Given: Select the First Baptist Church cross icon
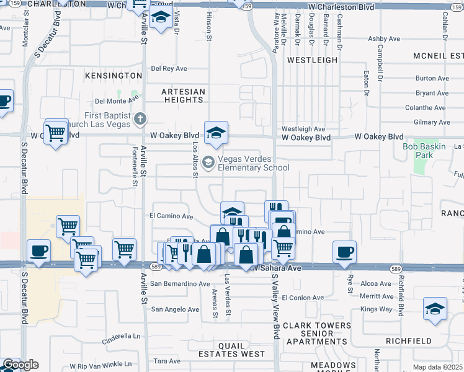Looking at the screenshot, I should pyautogui.click(x=141, y=118).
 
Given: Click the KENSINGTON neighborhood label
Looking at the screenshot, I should pyautogui.click(x=114, y=76).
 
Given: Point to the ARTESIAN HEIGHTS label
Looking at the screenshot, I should pyautogui.click(x=183, y=95).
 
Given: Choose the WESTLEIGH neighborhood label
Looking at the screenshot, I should pyautogui.click(x=313, y=60).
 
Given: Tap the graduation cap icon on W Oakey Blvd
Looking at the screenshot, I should pyautogui.click(x=216, y=133).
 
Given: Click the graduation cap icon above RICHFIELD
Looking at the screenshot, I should pyautogui.click(x=435, y=308).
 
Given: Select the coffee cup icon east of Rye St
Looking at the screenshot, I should pyautogui.click(x=344, y=252).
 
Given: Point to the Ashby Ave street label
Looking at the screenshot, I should pyautogui.click(x=384, y=38).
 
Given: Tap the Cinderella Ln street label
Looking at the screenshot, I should pyautogui.click(x=122, y=337).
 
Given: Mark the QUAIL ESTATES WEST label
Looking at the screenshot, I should pyautogui.click(x=231, y=350).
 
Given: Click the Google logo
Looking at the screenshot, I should pyautogui.click(x=20, y=365).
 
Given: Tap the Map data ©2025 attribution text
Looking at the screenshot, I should pyautogui.click(x=437, y=367).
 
